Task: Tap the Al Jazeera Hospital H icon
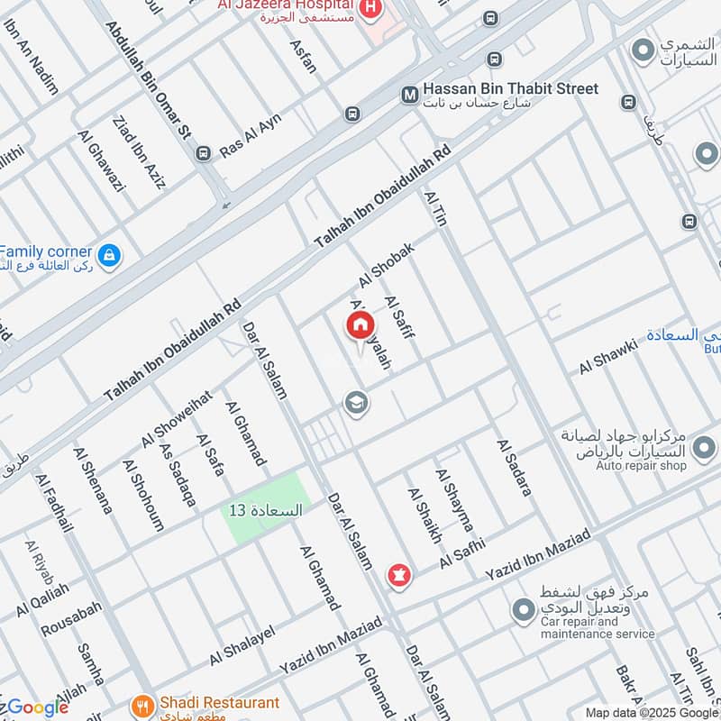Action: (370, 9)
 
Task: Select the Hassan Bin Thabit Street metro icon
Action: (409, 93)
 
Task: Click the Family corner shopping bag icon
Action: (109, 256)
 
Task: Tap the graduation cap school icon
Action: (357, 403)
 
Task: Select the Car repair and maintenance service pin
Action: (523, 611)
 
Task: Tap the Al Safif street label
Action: (399, 318)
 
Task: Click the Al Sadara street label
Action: (514, 468)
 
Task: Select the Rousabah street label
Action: (71, 618)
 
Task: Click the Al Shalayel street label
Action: (242, 646)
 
